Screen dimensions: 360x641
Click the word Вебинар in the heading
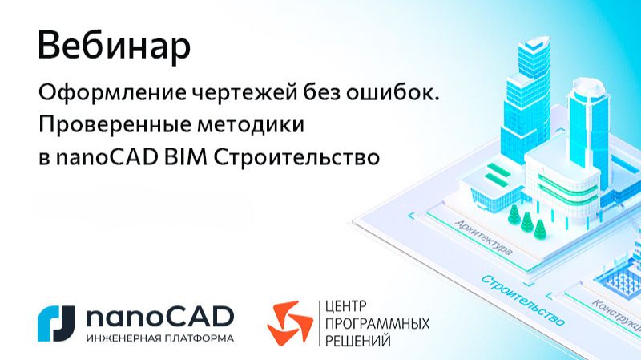[x=114, y=47]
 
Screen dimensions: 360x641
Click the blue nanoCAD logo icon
[x=56, y=323]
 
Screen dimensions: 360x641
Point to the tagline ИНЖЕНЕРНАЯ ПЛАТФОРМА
[x=159, y=338]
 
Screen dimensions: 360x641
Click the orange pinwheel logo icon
[x=289, y=322]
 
